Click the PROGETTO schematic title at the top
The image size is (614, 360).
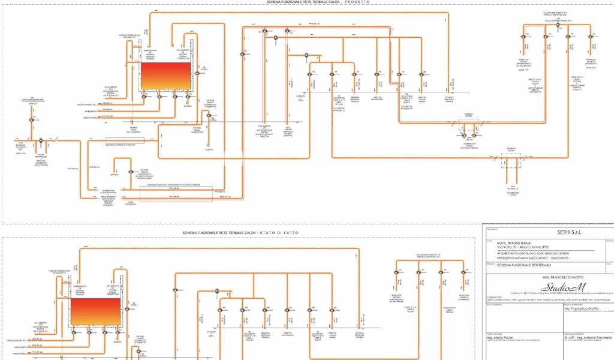tap(318, 2)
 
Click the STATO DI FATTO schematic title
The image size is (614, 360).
tap(240, 232)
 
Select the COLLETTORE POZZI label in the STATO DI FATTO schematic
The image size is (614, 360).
tap(429, 254)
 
